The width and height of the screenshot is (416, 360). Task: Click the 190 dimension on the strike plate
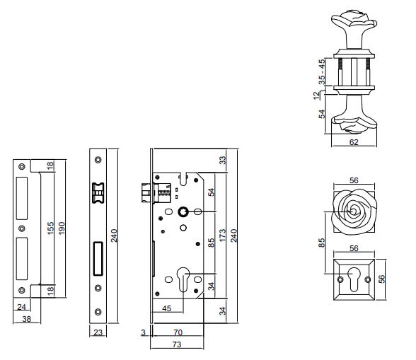click(x=62, y=228)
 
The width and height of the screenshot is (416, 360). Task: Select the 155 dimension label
click(x=50, y=228)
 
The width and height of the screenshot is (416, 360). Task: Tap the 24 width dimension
click(x=21, y=307)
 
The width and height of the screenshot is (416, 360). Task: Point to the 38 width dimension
click(x=27, y=319)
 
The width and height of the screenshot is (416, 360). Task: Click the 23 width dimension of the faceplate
click(x=98, y=332)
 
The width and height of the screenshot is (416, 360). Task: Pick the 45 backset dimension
click(x=167, y=308)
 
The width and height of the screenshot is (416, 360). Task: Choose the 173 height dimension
click(x=222, y=235)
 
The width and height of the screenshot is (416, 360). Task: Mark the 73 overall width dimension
click(x=177, y=344)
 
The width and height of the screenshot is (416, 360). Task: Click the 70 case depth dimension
click(x=178, y=332)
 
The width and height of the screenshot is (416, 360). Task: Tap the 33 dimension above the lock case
click(x=223, y=160)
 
